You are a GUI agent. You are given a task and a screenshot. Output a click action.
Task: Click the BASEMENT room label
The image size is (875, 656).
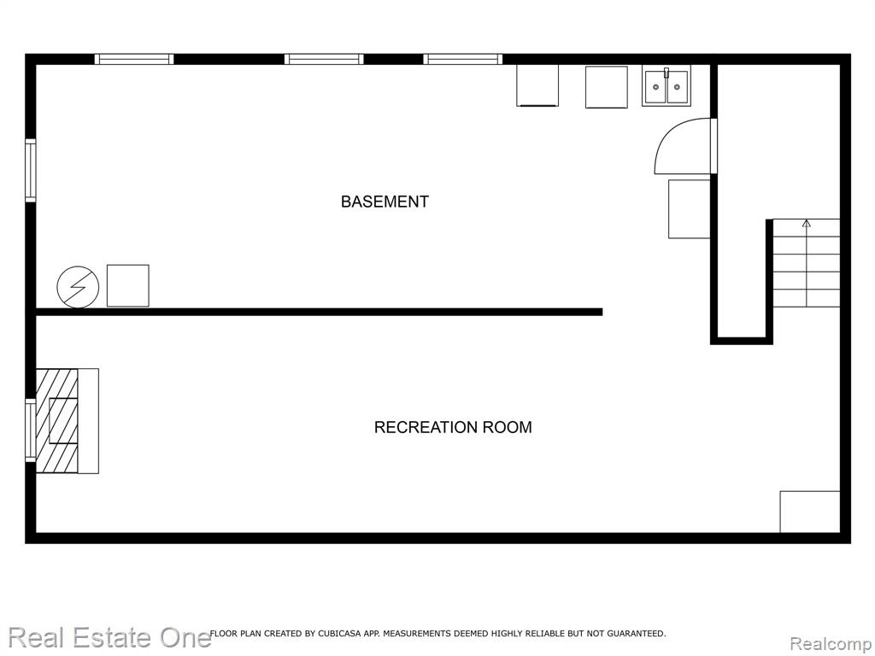coord(385,202)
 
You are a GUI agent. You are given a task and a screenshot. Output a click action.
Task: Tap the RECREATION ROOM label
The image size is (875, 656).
coord(453,427)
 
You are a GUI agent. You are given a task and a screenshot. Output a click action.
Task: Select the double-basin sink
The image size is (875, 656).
coord(667,86)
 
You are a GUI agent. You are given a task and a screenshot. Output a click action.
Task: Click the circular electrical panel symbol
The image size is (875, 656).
coord(78,287)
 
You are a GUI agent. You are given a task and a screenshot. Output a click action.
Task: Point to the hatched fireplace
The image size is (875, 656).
coord(57,420)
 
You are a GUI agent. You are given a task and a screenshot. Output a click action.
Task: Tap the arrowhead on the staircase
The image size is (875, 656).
coord(807,224)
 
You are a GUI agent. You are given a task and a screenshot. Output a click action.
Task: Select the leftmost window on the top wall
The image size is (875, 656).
coord(134,59)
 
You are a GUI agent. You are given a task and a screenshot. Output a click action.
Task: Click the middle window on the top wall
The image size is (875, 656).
coord(324,59)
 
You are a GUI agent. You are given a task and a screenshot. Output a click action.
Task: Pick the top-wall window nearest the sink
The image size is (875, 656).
coord(462,59)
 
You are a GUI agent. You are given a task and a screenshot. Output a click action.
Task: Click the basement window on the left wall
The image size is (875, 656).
coord(30,170)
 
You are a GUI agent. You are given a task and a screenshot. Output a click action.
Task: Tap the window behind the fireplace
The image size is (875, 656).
coord(30,430)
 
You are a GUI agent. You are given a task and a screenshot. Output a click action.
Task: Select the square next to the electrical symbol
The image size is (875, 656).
coord(128,285)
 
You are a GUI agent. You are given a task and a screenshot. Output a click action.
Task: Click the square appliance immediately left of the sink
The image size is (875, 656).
coord(607,87)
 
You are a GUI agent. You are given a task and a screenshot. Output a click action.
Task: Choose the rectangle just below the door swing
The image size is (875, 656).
coord(690,208)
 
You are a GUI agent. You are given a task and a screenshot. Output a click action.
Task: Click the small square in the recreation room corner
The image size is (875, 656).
coord(810,512)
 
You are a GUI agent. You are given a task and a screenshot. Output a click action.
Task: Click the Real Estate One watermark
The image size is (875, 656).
coord(110,637)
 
